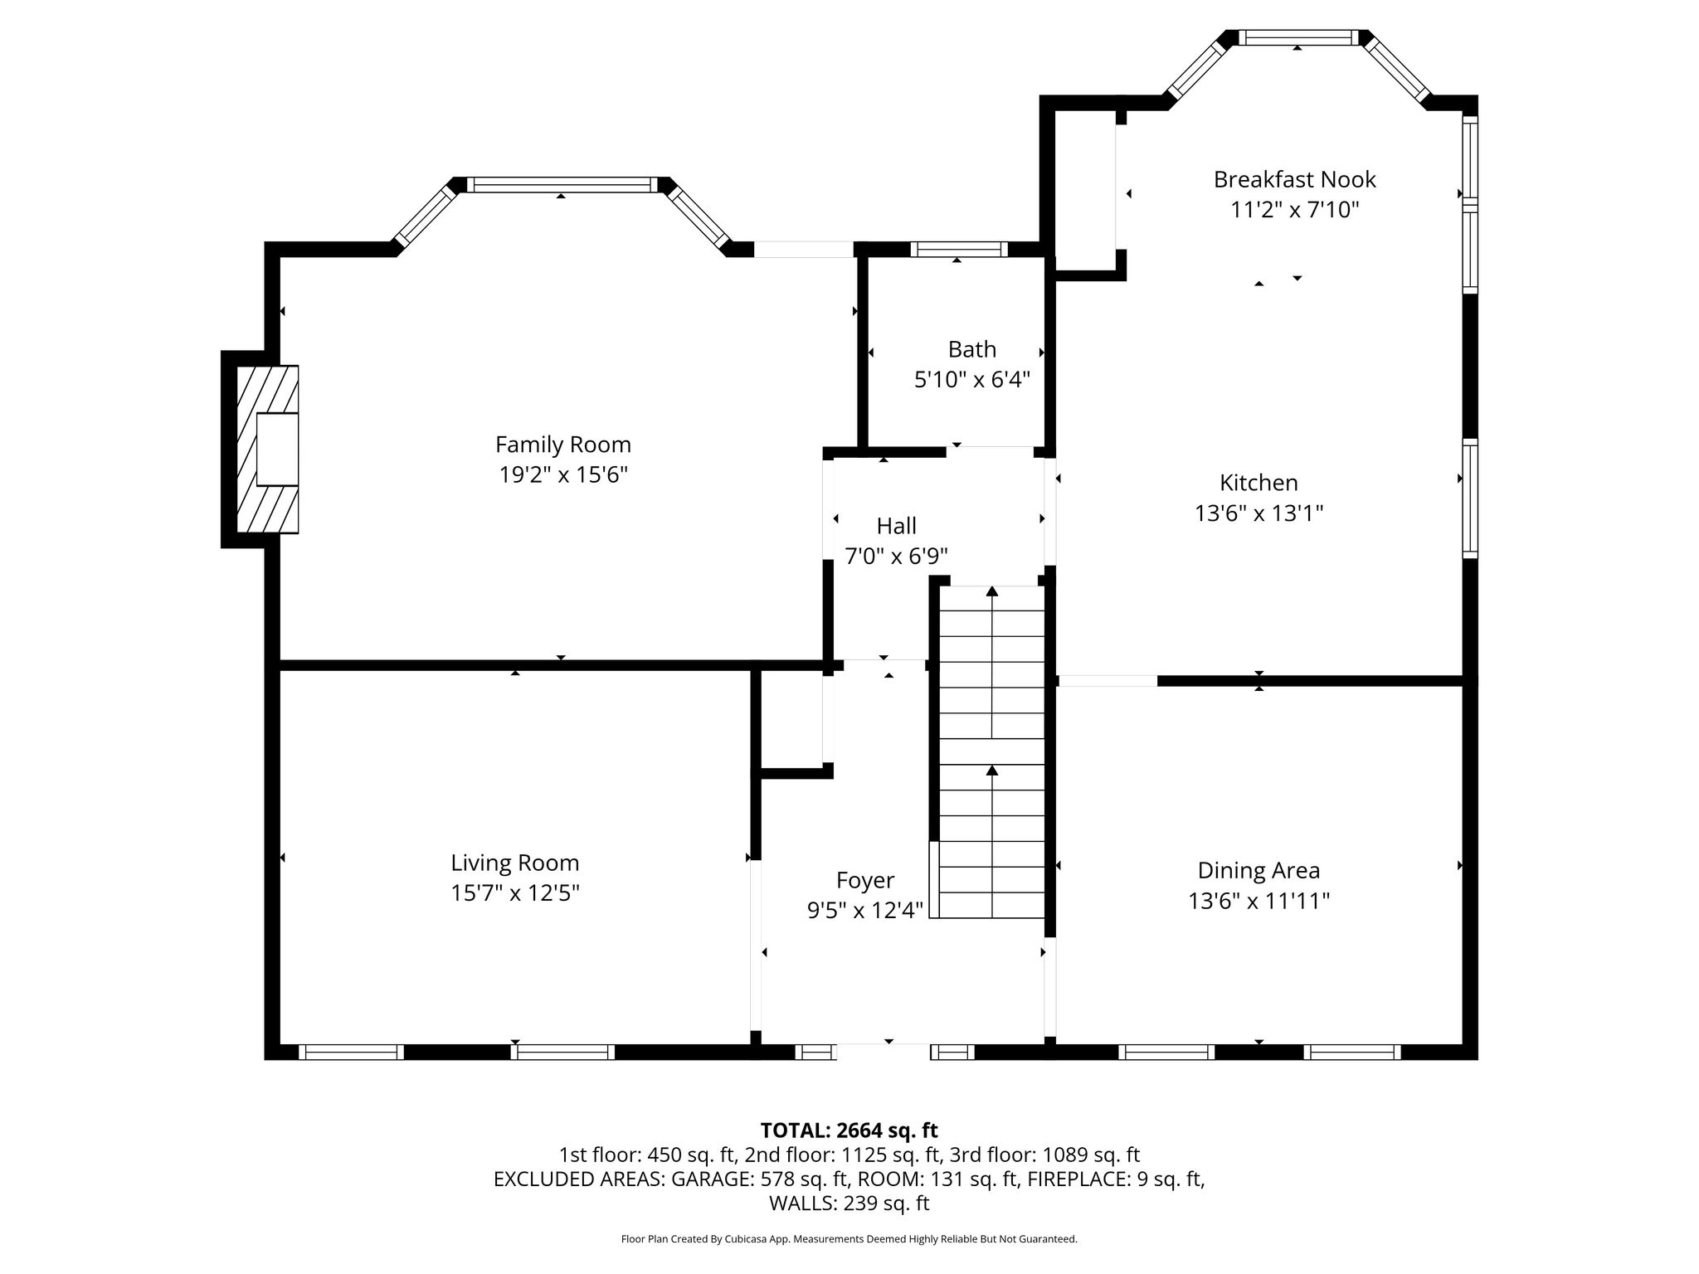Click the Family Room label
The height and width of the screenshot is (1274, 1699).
point(563,445)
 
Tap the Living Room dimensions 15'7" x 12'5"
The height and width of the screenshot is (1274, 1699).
point(514,893)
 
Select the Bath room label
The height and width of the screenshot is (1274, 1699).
point(972,349)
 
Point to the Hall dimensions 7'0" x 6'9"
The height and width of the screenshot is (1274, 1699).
point(896,556)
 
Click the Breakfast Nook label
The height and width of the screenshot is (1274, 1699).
point(1294,179)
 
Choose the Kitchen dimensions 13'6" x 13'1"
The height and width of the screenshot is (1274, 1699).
point(1258,513)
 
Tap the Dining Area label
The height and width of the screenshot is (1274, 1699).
point(1258,871)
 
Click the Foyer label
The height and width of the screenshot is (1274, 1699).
point(865,881)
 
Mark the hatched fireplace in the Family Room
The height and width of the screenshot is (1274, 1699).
point(267,449)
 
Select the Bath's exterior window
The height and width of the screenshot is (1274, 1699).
point(959,249)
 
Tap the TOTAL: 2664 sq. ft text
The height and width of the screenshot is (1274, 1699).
point(849,1131)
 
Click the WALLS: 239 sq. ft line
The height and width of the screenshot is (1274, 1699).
point(849,1203)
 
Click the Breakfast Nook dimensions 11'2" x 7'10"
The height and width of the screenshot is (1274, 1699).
point(1294,210)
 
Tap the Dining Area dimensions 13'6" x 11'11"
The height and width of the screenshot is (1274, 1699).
point(1258,902)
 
